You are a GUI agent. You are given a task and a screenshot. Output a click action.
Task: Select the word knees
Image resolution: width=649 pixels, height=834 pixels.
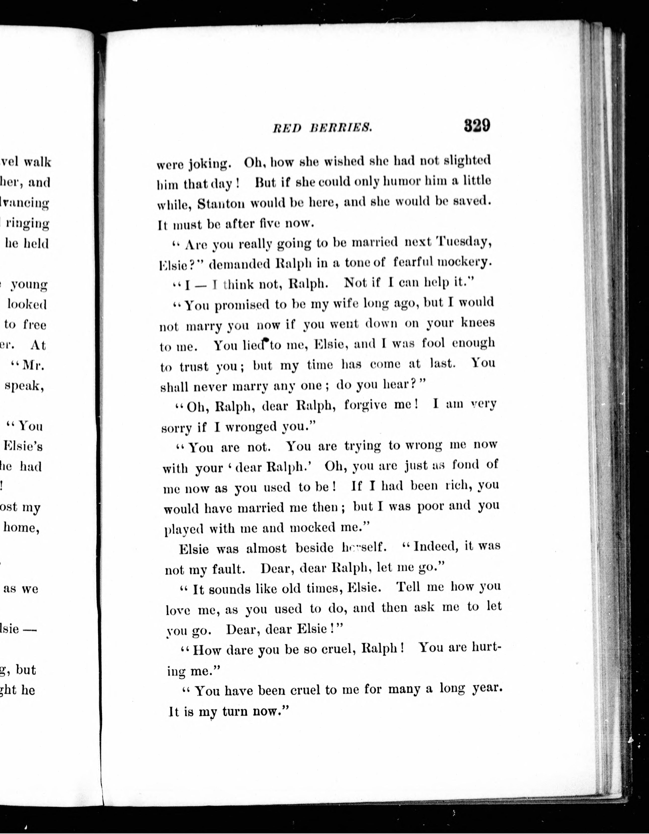478,323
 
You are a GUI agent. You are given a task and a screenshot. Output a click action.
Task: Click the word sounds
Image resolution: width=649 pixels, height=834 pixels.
229,589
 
